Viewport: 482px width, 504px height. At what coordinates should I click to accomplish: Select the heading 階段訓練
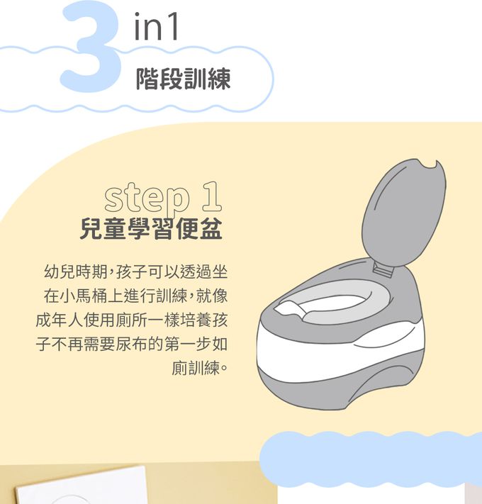[x=184, y=79]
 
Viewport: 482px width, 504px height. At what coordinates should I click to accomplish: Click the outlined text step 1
[x=163, y=197]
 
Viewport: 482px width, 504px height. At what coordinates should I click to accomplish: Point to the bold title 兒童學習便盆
[x=151, y=229]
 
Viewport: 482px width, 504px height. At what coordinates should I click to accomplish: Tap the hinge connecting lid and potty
[x=383, y=269]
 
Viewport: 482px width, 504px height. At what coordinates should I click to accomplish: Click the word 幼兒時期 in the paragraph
[x=76, y=272]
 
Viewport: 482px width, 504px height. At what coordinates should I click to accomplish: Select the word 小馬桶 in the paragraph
[x=84, y=296]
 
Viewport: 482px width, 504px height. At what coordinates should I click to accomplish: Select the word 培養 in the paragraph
[x=196, y=320]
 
